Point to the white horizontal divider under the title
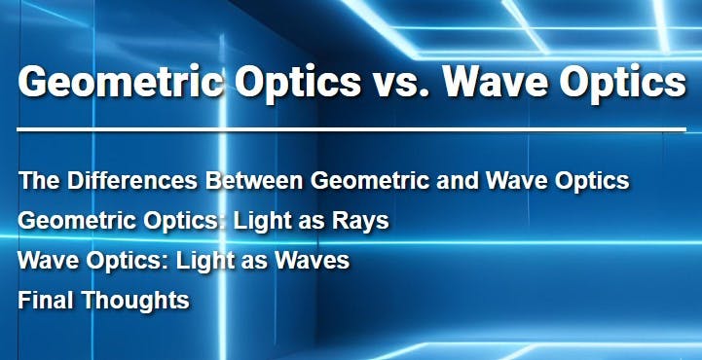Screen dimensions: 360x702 pos(351,128)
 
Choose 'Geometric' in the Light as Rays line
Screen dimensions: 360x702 pos(69,221)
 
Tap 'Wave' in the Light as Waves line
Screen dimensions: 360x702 pos(45,261)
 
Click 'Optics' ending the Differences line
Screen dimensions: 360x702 pos(594,181)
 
